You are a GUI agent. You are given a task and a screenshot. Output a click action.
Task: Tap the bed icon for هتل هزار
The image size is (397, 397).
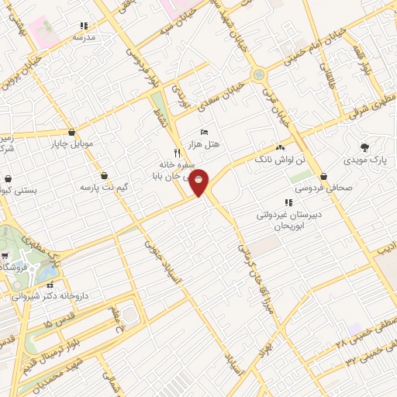coord(204,132)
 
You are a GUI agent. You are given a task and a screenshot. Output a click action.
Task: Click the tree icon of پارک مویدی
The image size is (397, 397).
coord(364,146)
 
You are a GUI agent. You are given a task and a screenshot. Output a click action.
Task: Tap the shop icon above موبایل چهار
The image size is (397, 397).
coord(72,132)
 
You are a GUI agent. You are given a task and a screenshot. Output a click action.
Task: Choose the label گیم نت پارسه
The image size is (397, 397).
coord(104,188)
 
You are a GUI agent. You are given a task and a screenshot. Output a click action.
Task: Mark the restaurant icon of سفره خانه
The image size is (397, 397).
coord(177,153)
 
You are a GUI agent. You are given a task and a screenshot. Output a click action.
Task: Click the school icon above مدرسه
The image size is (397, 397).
coord(85,26)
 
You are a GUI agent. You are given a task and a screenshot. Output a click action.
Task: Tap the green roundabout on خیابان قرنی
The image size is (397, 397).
coord(258,75)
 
